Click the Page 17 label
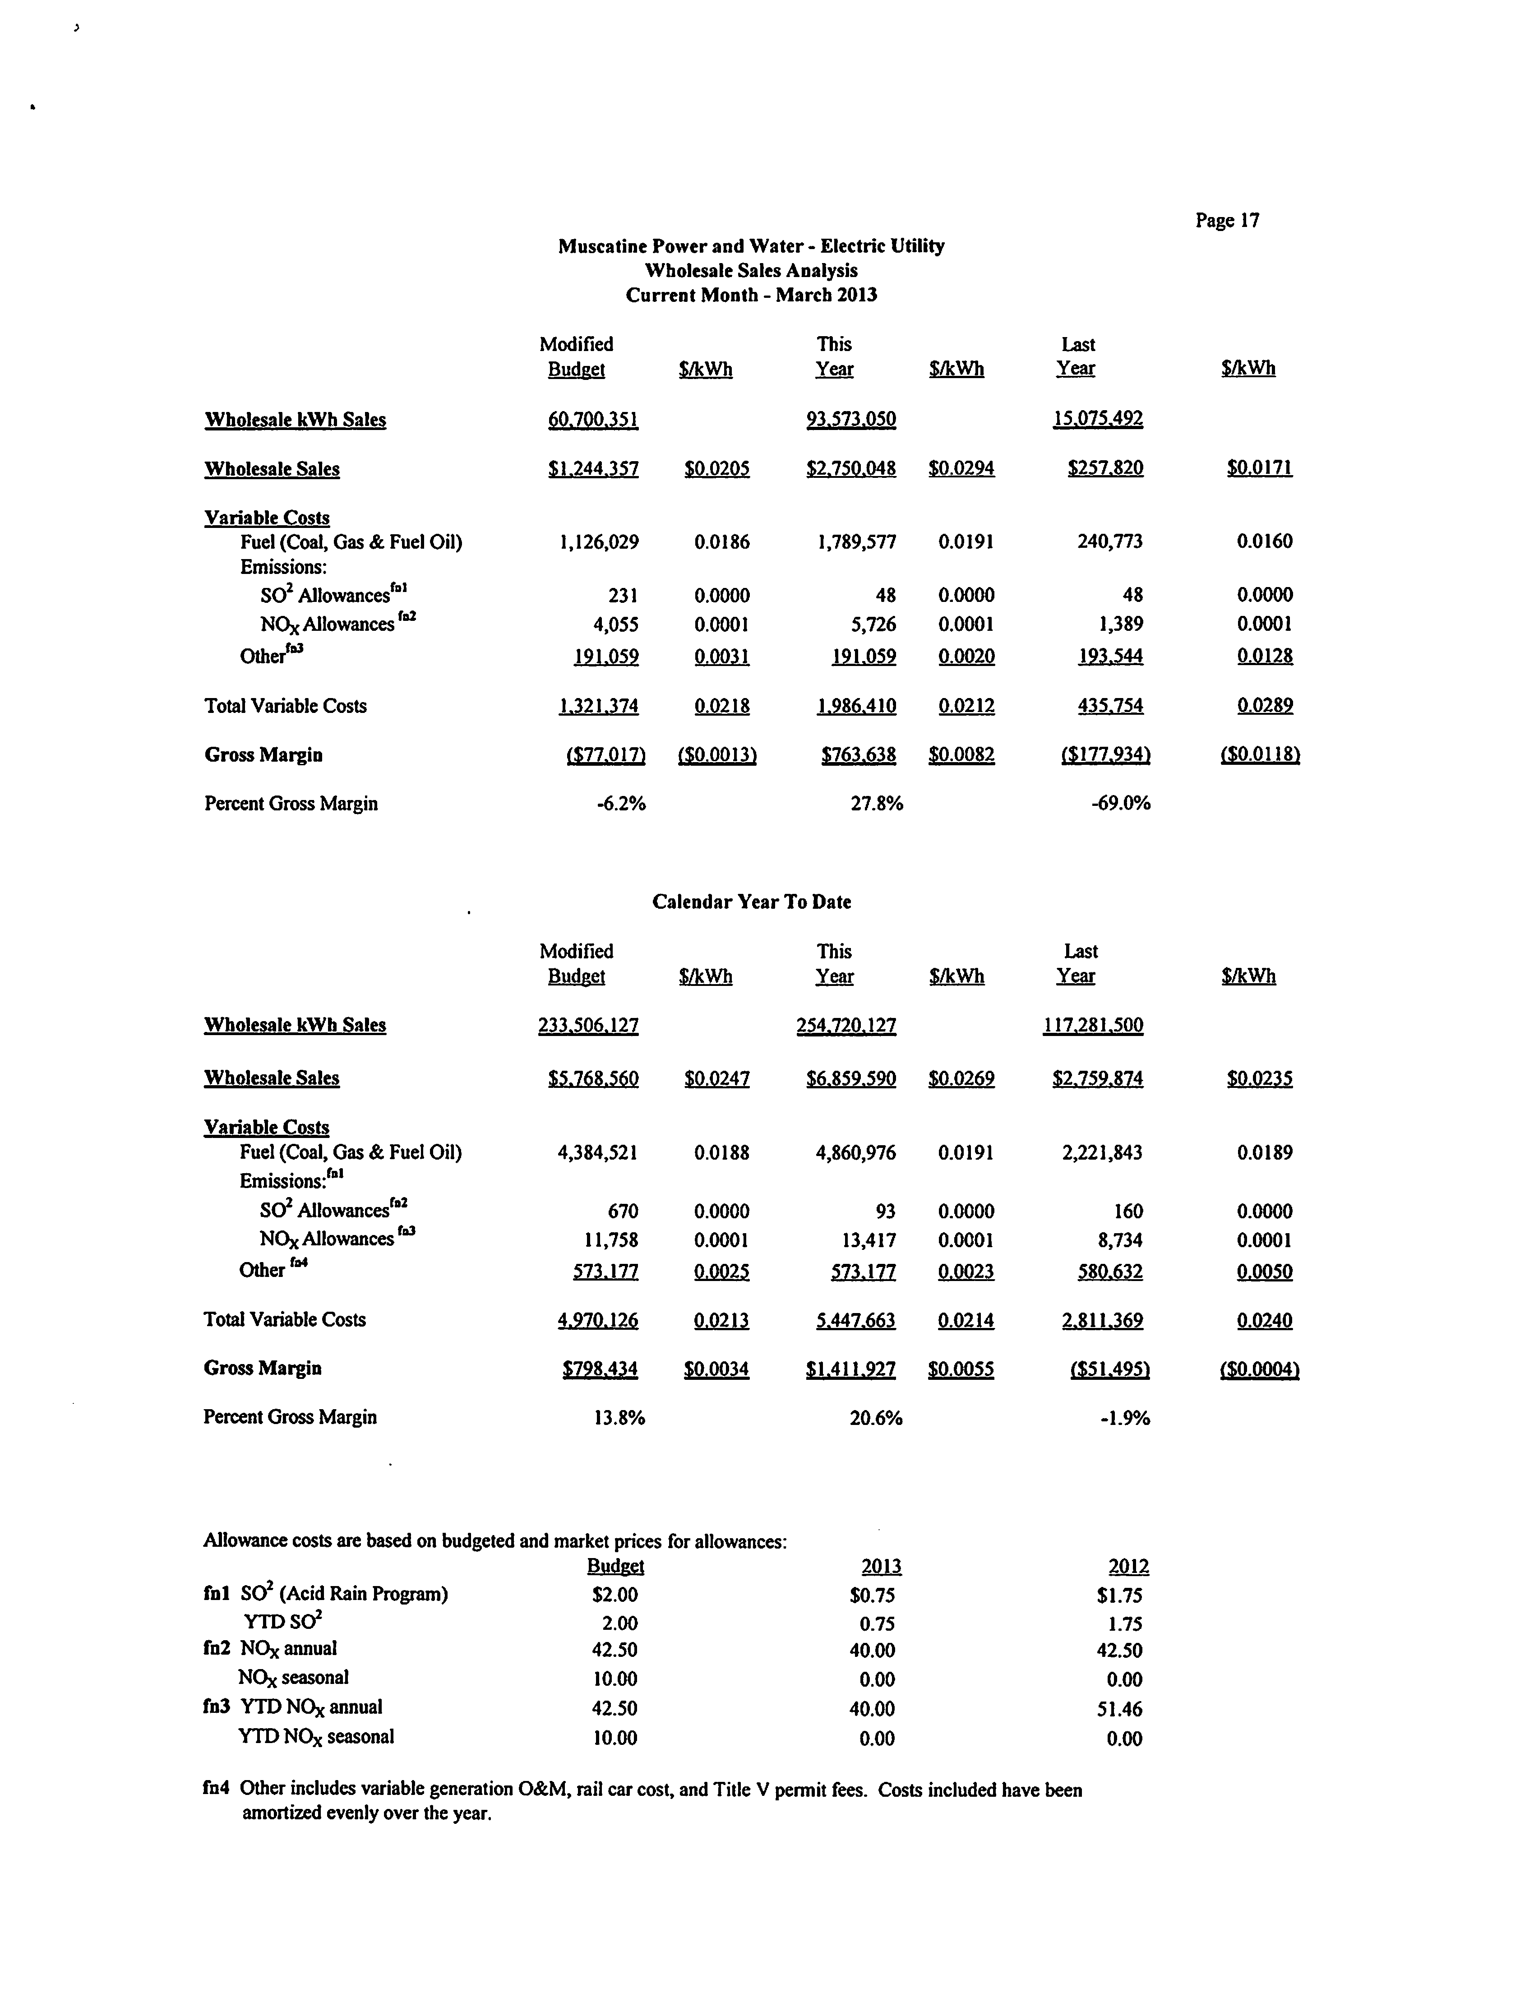(x=1227, y=220)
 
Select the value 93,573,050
(x=851, y=419)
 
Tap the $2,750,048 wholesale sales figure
(x=851, y=468)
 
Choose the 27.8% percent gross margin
(x=877, y=804)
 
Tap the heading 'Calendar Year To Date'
(x=752, y=902)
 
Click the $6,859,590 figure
(x=851, y=1078)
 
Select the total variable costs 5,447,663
(x=855, y=1320)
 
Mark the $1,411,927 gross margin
(x=851, y=1369)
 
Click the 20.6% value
(x=876, y=1418)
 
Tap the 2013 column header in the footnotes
(x=881, y=1567)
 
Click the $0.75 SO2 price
(x=872, y=1596)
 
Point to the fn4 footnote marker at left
(x=216, y=1790)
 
